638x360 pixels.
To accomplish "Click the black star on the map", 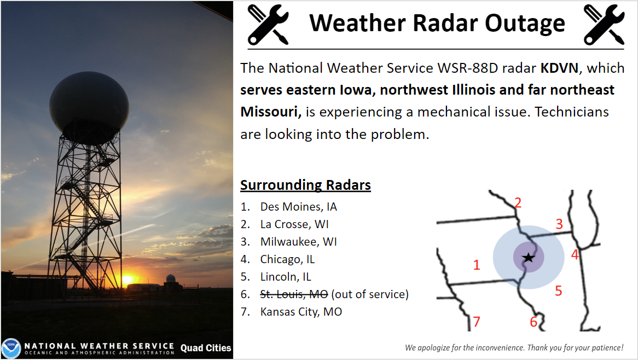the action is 528,257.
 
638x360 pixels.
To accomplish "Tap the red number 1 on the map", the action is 477,265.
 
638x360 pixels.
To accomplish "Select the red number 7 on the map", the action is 477,322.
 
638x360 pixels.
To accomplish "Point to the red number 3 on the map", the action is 559,224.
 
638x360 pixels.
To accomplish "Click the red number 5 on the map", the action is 558,291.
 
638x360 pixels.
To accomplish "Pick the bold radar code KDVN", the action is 559,68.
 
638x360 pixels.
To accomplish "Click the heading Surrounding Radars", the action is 305,185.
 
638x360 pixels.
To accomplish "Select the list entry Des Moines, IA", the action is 299,207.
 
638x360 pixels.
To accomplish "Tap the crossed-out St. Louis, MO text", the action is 294,294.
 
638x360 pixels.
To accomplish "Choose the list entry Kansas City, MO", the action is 301,312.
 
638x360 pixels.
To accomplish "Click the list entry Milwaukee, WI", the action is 299,242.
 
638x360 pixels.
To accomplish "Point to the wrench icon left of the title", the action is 268,25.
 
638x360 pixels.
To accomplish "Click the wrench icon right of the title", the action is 604,25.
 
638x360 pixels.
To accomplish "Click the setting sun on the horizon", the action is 127,280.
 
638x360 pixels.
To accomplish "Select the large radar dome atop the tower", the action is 89,107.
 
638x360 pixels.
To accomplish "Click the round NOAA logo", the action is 11,348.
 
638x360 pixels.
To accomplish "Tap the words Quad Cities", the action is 206,348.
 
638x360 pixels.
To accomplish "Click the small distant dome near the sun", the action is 171,278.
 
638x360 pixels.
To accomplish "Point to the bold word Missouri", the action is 271,112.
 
